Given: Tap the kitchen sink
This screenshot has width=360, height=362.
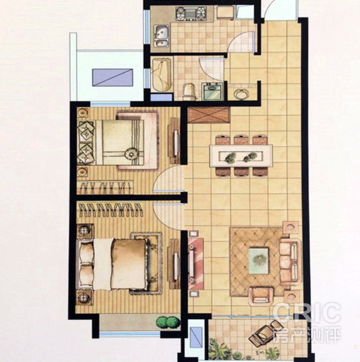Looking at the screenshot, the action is [x=161, y=36].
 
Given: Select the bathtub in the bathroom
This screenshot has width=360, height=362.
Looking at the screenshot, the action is [x=162, y=75].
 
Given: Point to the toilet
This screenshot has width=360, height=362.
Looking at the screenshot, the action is [x=190, y=92].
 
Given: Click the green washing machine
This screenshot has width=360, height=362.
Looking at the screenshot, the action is [x=213, y=91].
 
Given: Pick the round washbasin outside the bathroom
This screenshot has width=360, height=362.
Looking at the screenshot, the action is [x=241, y=94].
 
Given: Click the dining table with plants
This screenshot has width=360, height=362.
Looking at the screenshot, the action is [x=241, y=156].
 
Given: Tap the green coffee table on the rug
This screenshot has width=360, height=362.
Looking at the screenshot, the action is [x=259, y=261].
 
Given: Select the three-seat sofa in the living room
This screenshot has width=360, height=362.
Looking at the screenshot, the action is [x=291, y=260].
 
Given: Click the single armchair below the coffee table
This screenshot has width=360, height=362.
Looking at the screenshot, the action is [x=260, y=296].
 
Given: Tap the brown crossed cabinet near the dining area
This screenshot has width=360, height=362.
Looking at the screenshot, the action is [x=209, y=115].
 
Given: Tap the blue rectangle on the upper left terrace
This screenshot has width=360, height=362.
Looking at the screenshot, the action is [x=112, y=77].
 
